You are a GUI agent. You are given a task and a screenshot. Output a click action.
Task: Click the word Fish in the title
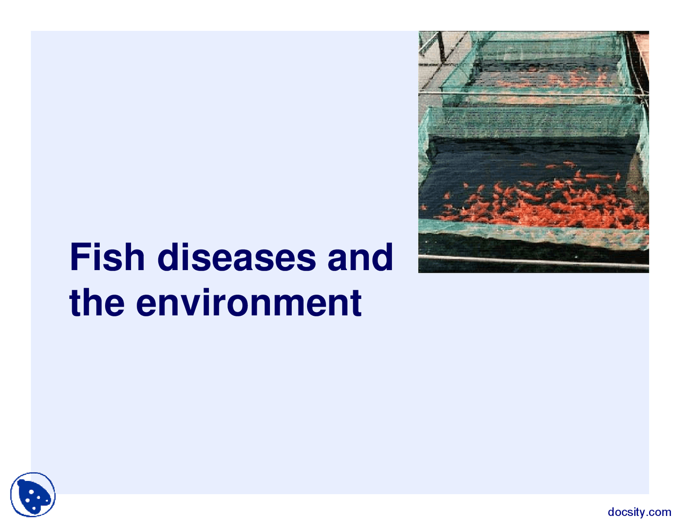pos(107,257)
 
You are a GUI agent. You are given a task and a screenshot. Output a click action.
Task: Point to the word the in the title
pos(97,303)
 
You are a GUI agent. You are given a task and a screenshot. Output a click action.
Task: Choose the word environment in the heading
pos(249,303)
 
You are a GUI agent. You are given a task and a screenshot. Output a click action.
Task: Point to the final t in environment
pos(355,303)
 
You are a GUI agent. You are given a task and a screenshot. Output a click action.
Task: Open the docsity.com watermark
pos(639,512)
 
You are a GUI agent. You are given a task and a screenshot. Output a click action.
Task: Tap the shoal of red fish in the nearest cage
pos(537,204)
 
